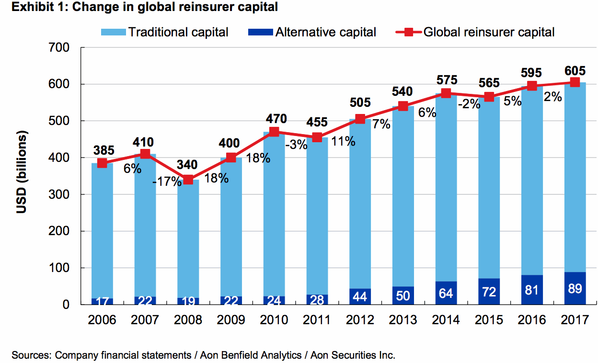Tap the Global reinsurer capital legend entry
[x=475, y=33]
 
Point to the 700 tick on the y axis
[x=59, y=48]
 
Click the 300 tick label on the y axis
[x=59, y=195]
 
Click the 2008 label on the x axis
[x=188, y=320]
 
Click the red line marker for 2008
[x=188, y=180]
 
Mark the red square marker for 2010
[x=274, y=132]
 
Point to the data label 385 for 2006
[x=102, y=150]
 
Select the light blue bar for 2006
[x=102, y=230]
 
